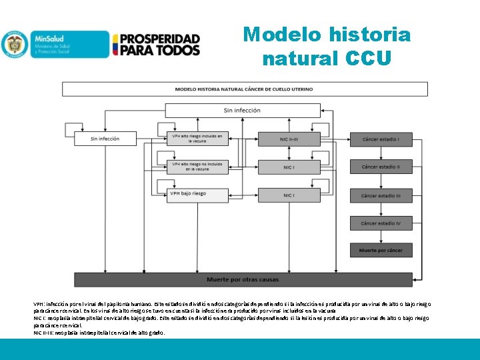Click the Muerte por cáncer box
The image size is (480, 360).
tap(381, 251)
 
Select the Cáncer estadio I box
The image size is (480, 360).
tap(381, 139)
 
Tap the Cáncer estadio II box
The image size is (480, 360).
tap(381, 167)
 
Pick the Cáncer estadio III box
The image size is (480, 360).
tap(381, 195)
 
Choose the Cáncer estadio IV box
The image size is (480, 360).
tap(381, 223)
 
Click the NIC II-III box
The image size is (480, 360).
tap(288, 139)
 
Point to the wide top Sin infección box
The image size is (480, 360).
tap(242, 111)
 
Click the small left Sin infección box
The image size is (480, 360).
tap(105, 139)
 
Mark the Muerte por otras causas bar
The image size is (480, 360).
tap(242, 279)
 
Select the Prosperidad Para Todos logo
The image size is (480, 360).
tap(157, 45)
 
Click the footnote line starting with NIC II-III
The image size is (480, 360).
tap(99, 333)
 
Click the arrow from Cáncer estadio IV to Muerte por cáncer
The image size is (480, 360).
tap(381, 237)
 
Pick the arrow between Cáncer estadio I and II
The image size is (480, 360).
tap(381, 153)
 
